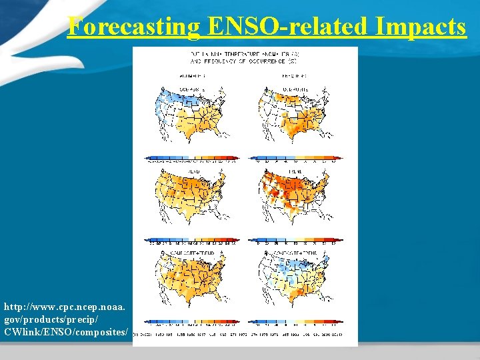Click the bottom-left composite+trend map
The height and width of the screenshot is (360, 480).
[193, 280]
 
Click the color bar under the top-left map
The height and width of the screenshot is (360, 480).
[193, 159]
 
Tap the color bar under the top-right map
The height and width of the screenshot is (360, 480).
[296, 159]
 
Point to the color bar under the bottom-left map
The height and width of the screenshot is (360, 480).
[193, 323]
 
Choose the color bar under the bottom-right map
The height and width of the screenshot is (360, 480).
[296, 323]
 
